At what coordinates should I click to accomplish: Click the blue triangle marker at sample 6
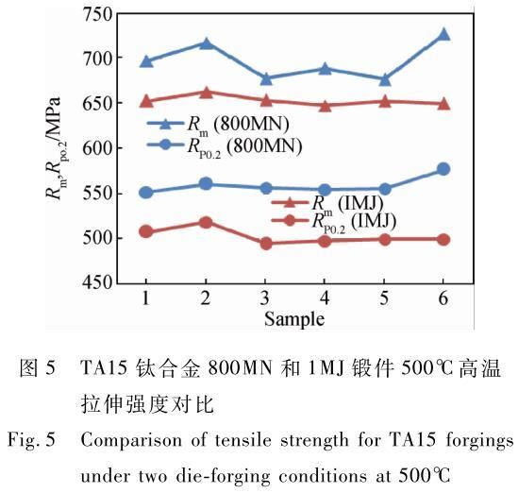(x=443, y=34)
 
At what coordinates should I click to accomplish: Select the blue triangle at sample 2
(x=206, y=43)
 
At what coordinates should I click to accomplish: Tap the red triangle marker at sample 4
(x=325, y=106)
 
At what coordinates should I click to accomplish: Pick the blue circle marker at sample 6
(x=443, y=169)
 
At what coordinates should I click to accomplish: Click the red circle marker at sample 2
(x=206, y=222)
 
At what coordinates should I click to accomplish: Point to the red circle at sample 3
(x=266, y=244)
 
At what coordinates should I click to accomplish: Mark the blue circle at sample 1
(x=146, y=193)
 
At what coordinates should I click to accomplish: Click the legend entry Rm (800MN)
(x=218, y=125)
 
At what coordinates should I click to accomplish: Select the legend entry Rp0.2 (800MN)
(x=225, y=146)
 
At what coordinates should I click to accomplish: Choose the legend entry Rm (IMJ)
(x=327, y=203)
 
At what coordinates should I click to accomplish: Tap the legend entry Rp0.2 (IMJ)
(x=334, y=221)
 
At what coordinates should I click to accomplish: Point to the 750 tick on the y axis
(x=98, y=14)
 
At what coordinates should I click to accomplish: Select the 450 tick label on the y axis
(x=98, y=282)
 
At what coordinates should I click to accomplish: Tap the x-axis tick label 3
(x=265, y=298)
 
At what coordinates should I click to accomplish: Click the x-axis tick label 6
(x=443, y=298)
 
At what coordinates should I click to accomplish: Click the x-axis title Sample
(x=294, y=319)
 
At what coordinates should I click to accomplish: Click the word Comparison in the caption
(x=131, y=441)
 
